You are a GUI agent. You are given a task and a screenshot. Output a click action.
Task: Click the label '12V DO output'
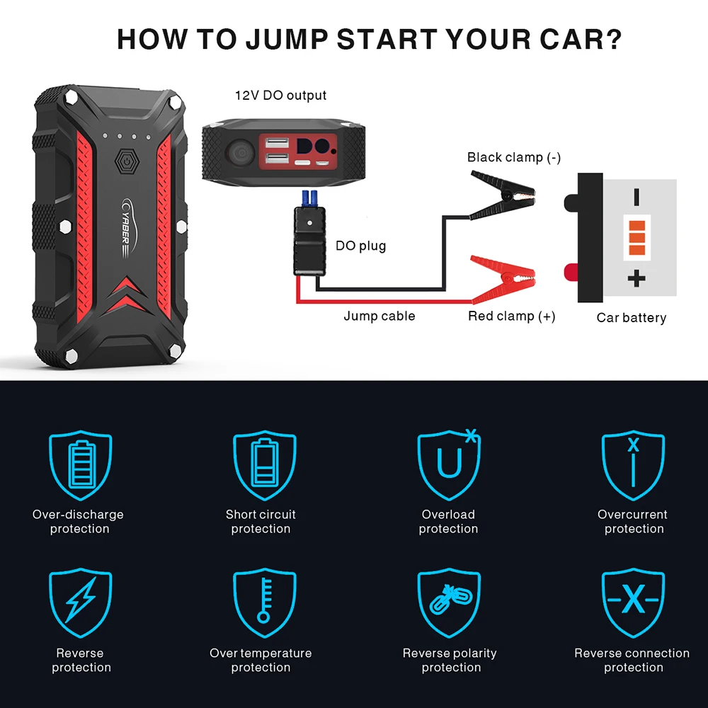(x=280, y=95)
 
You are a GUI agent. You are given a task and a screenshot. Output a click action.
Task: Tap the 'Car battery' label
(x=631, y=318)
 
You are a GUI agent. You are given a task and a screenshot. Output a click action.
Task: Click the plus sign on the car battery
(x=636, y=278)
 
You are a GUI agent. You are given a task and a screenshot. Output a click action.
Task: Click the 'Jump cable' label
(x=379, y=316)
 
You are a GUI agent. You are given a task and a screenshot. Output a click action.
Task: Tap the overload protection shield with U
(x=448, y=464)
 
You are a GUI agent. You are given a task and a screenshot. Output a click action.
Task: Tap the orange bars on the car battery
(x=636, y=237)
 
